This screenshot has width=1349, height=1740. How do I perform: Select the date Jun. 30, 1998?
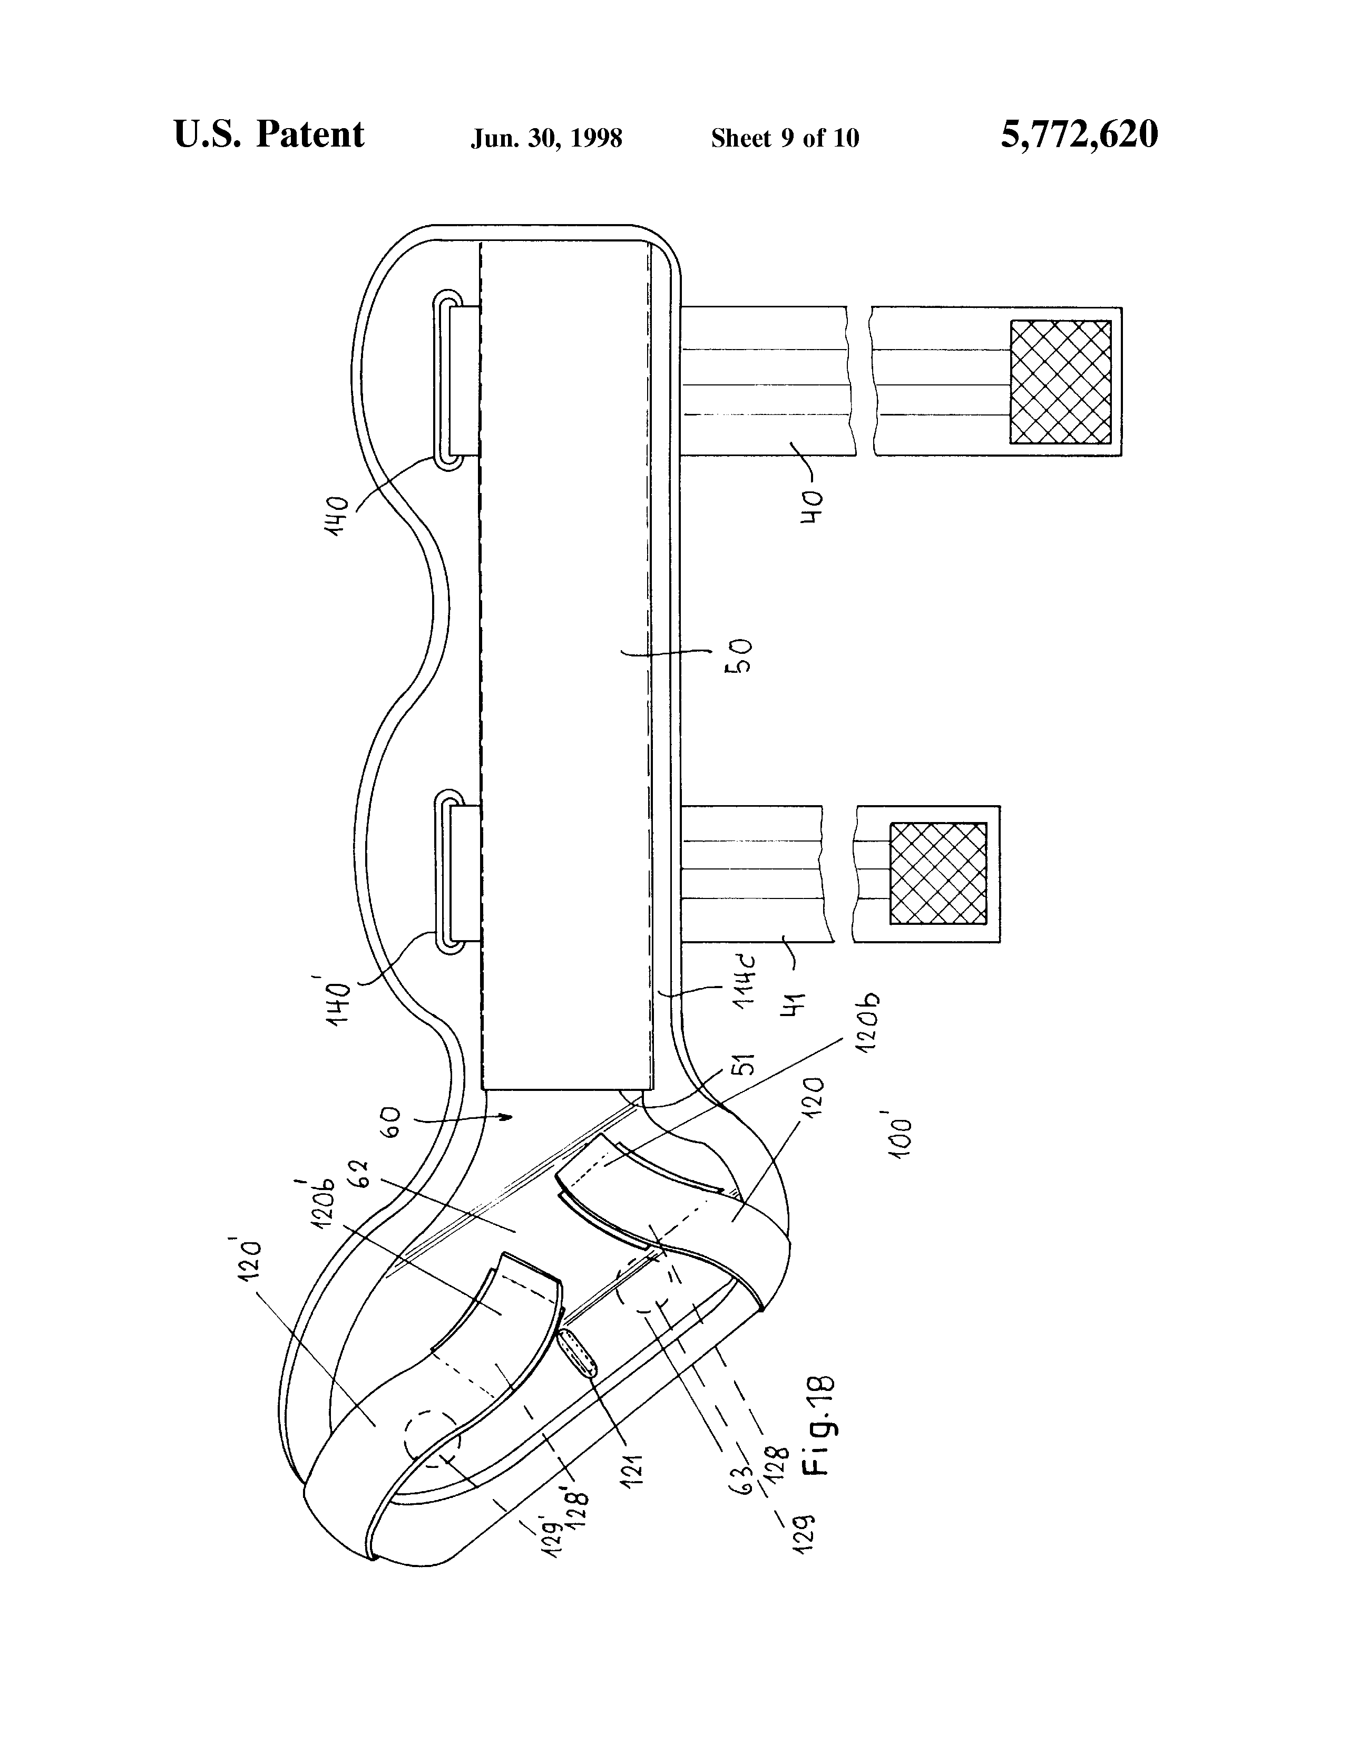(546, 139)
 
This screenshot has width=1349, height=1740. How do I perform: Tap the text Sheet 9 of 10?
(785, 139)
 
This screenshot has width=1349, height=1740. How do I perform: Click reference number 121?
(631, 1466)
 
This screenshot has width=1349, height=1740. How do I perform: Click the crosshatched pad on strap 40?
(1060, 382)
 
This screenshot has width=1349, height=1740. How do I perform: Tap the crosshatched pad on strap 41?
(938, 873)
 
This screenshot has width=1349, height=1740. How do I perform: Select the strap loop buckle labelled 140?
(448, 381)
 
